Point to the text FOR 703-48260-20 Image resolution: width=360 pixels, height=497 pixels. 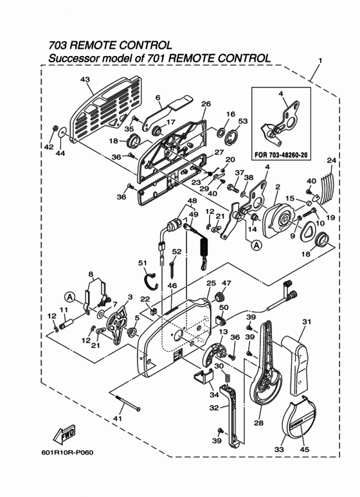click(x=287, y=154)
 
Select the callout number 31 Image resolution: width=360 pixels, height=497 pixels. click(x=307, y=321)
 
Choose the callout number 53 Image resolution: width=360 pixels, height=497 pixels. click(x=242, y=121)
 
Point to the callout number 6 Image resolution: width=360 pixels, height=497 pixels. click(x=157, y=98)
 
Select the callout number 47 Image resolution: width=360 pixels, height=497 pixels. click(x=226, y=283)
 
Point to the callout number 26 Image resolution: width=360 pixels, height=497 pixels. click(x=206, y=104)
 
